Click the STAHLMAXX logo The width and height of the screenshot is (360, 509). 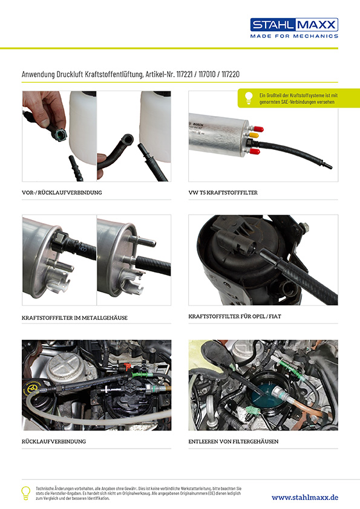294,25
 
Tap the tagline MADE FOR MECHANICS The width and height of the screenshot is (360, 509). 294,36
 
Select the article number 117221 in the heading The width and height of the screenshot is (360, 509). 185,74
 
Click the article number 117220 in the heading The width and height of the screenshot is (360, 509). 231,74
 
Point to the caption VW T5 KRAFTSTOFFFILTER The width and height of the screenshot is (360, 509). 223,192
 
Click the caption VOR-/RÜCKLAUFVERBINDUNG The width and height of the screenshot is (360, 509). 62,192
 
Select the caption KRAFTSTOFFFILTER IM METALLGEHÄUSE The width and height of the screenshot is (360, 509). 74,318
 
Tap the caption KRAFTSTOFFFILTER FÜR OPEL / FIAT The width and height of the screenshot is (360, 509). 235,316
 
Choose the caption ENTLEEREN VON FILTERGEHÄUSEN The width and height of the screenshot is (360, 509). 234,441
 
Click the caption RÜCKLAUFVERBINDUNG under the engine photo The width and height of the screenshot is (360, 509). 54,441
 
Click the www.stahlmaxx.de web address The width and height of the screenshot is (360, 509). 305,498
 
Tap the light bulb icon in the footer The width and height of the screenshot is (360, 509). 25,493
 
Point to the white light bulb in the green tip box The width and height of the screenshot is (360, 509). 249,98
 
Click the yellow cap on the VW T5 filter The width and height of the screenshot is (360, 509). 254,135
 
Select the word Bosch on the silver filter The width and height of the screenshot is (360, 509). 198,125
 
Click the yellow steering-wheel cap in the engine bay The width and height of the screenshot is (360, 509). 32,388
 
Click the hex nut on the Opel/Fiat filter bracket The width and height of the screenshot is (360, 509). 304,227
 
